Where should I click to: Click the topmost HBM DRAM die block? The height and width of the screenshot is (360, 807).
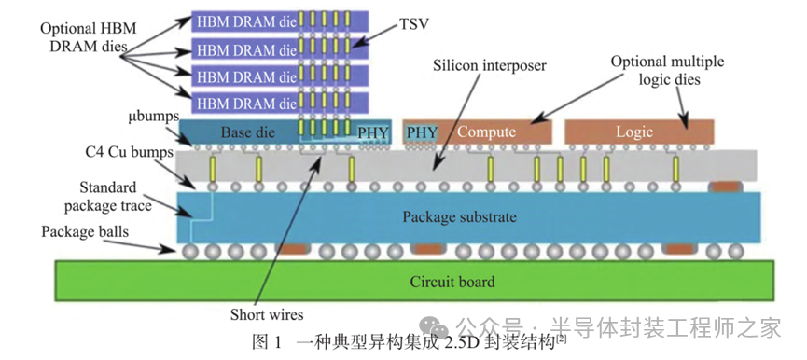pyautogui.click(x=280, y=22)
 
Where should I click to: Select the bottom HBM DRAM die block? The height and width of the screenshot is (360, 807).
pyautogui.click(x=280, y=104)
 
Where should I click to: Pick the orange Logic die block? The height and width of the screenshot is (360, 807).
pyautogui.click(x=639, y=132)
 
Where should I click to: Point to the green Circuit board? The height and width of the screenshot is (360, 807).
pyautogui.click(x=414, y=281)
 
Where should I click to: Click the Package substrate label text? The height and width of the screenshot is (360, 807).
pyautogui.click(x=459, y=217)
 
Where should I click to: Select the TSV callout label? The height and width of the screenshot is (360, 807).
pyautogui.click(x=413, y=23)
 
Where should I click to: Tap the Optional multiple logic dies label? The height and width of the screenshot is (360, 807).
pyautogui.click(x=667, y=71)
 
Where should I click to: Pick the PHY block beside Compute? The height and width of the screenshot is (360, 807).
pyautogui.click(x=421, y=132)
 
